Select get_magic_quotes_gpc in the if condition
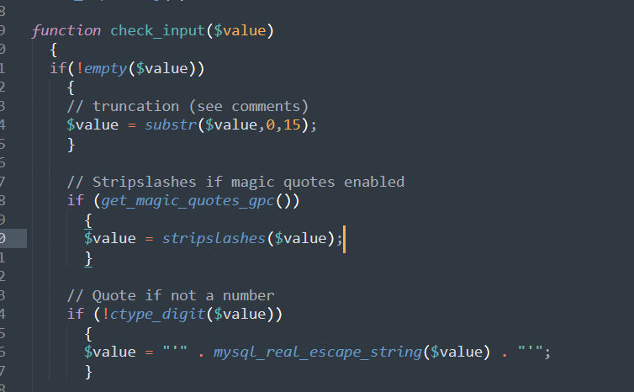[x=194, y=201]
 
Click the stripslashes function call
[x=213, y=238]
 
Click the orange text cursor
[x=345, y=239]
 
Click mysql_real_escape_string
[x=317, y=352]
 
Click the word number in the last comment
[x=248, y=295]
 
